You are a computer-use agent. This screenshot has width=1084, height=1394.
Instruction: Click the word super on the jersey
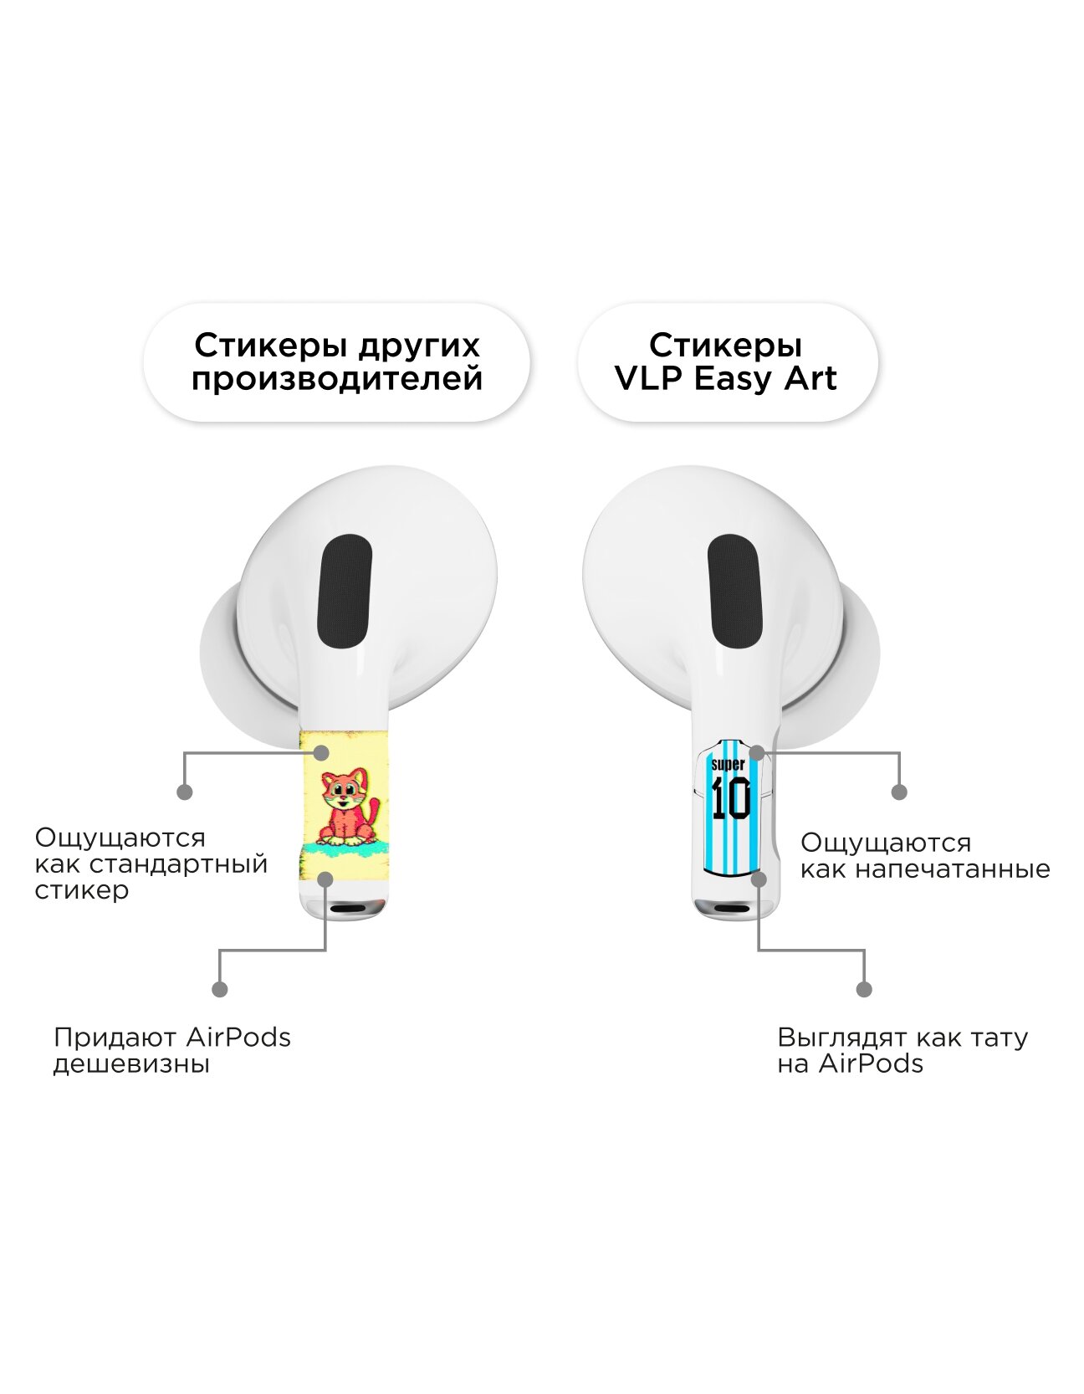[x=727, y=765]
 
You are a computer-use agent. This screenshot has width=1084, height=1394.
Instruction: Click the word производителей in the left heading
[x=337, y=379]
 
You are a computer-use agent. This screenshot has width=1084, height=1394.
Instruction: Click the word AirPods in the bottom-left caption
[x=238, y=1038]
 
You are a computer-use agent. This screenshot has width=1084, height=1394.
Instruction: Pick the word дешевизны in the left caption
[x=131, y=1064]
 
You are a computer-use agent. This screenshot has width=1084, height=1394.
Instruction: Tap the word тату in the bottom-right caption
[x=995, y=1038]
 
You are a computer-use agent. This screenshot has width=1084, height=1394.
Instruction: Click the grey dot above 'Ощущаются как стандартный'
[x=185, y=792]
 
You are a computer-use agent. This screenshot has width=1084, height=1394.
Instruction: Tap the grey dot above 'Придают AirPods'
[x=219, y=989]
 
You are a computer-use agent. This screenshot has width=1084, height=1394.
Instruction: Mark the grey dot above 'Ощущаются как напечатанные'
[x=899, y=792]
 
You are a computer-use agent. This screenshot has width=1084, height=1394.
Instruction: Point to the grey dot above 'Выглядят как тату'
[x=865, y=989]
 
